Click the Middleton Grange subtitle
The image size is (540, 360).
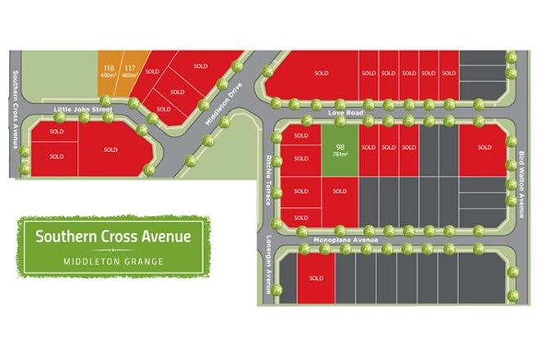coord(113,261)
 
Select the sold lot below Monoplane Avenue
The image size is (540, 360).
coord(316,278)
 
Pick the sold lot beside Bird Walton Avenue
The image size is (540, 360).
coord(484,149)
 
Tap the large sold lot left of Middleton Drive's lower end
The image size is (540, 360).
coord(110,150)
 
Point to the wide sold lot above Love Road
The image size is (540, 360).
coord(321,74)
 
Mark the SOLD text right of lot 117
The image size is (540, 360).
coord(152,71)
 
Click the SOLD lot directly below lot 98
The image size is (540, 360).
coord(339,191)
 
